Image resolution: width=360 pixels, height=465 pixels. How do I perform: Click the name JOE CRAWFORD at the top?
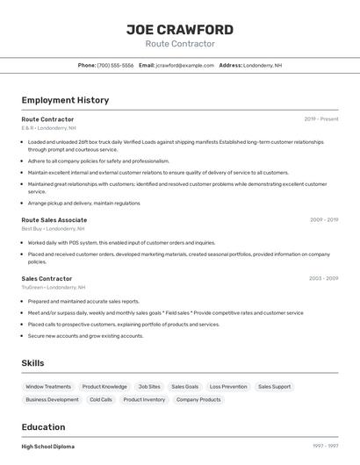(180, 30)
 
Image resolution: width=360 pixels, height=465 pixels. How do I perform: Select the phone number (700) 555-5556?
(115, 65)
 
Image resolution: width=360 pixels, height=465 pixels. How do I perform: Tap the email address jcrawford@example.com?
(184, 65)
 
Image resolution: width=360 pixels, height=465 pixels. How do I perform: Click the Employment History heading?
(65, 100)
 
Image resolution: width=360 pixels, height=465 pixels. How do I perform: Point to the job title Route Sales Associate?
(54, 220)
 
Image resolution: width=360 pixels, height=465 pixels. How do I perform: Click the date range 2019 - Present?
(321, 119)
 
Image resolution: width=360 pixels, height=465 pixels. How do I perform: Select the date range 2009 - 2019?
(324, 220)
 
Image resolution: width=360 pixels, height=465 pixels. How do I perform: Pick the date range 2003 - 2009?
(323, 279)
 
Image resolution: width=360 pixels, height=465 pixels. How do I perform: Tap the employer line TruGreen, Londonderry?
(54, 288)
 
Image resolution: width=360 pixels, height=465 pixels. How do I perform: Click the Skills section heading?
(32, 363)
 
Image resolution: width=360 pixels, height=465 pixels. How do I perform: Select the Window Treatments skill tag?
(48, 387)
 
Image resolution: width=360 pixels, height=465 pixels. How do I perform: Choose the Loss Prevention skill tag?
(228, 387)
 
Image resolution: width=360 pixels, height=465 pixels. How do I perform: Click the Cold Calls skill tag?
(101, 400)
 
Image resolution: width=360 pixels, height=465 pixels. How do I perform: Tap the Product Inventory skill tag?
(144, 400)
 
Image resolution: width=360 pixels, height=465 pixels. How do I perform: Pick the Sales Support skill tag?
(275, 387)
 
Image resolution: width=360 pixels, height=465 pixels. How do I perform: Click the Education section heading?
(44, 427)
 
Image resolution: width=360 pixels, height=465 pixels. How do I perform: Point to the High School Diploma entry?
(48, 447)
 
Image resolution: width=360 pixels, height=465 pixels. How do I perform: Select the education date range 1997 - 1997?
(325, 447)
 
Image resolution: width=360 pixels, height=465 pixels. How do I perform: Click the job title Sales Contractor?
(47, 279)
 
